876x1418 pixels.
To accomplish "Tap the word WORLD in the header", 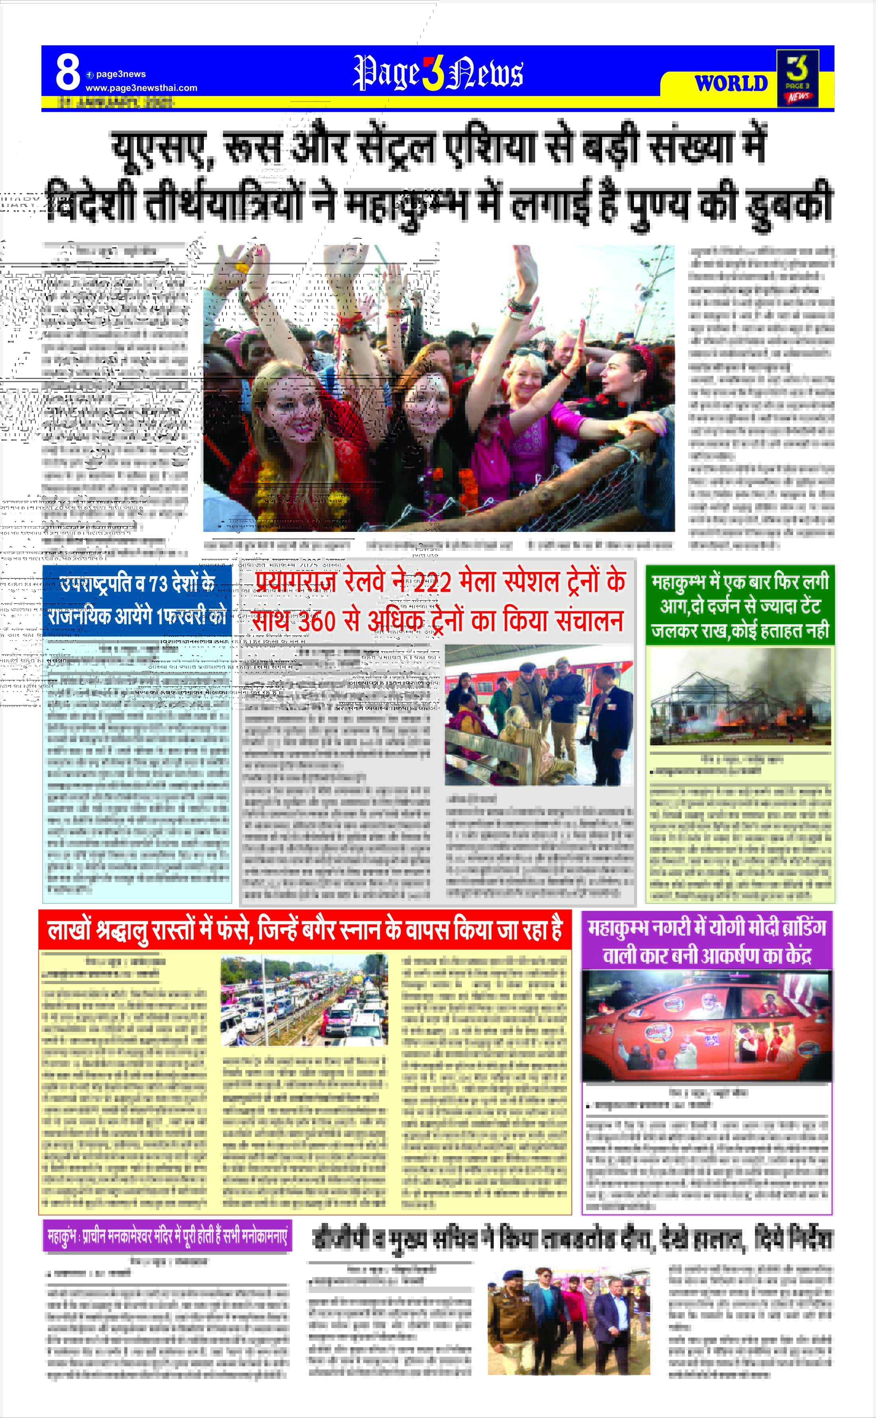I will [731, 84].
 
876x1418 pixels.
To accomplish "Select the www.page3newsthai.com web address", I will [141, 88].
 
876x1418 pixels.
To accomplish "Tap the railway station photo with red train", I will [538, 715].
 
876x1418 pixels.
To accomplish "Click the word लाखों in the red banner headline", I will [68, 930].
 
